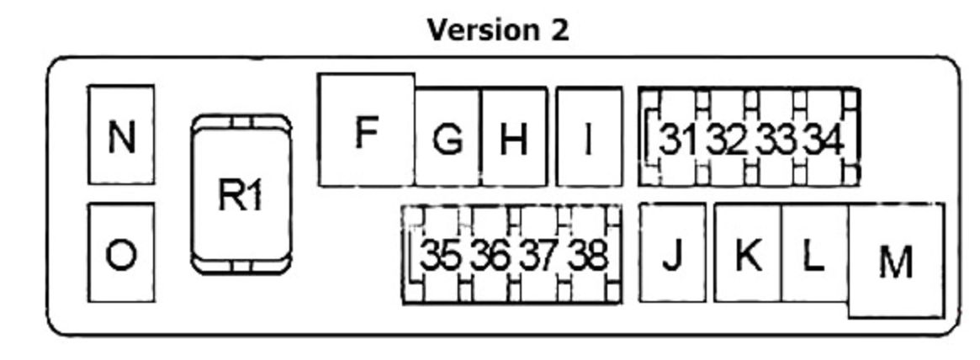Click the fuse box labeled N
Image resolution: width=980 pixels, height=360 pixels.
click(x=121, y=135)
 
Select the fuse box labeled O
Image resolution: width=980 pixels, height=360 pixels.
click(x=121, y=253)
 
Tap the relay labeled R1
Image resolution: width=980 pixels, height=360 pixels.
click(x=241, y=193)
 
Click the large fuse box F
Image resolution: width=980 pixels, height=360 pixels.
click(x=366, y=130)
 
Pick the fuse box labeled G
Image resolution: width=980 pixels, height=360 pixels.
click(x=448, y=137)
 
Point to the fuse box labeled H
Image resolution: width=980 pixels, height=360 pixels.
click(x=514, y=137)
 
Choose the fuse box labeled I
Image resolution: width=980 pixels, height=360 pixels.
click(x=589, y=137)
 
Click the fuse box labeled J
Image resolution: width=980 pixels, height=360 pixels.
click(x=672, y=253)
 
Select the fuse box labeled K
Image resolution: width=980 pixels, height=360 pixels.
click(x=748, y=253)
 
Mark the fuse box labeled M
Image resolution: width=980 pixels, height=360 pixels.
click(x=896, y=261)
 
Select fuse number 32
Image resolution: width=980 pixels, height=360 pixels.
click(x=726, y=138)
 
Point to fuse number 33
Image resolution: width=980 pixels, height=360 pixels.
click(x=775, y=138)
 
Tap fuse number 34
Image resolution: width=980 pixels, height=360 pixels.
click(x=823, y=138)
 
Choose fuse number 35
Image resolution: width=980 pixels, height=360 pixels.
click(x=441, y=254)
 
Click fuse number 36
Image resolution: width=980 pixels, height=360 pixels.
click(x=490, y=254)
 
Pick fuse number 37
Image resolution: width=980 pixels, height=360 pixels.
click(x=538, y=254)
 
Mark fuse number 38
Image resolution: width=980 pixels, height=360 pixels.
click(x=587, y=254)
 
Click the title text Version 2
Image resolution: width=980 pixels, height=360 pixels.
click(x=498, y=30)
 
